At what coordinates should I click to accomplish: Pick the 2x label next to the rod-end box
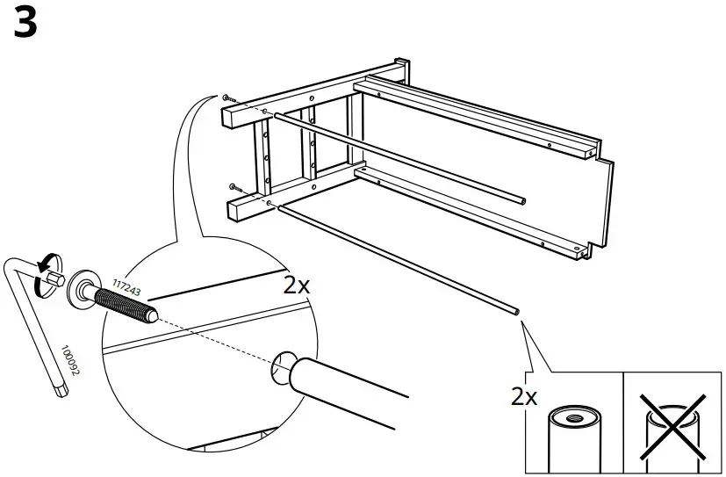524,396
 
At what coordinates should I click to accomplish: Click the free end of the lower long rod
514,310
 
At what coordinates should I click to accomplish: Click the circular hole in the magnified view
284,365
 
